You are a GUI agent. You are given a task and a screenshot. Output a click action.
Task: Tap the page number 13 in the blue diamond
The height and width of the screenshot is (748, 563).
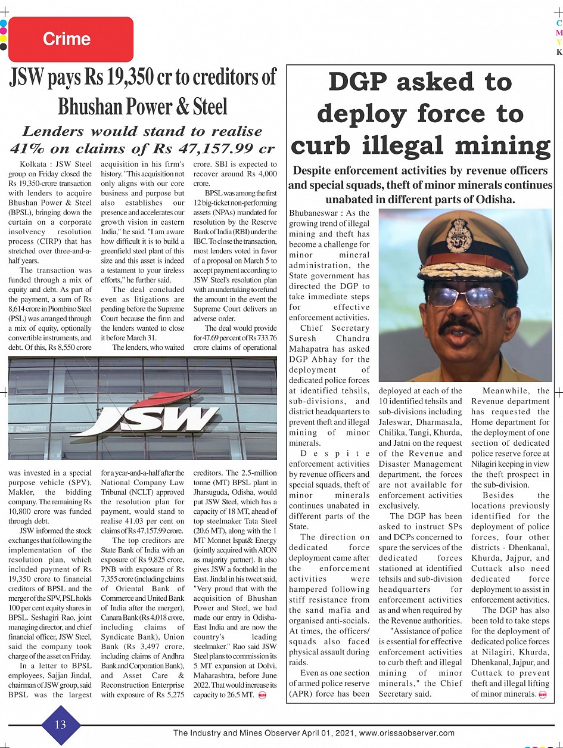[x=61, y=724]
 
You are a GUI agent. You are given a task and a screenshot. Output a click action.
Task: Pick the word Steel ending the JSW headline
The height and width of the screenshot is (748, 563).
[x=210, y=107]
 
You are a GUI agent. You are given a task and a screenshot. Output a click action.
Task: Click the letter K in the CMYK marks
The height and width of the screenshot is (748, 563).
[x=559, y=52]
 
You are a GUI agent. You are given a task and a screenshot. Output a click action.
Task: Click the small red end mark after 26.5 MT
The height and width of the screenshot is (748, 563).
[x=262, y=695]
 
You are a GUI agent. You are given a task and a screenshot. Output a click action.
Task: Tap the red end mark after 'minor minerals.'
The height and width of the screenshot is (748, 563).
[x=542, y=694]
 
